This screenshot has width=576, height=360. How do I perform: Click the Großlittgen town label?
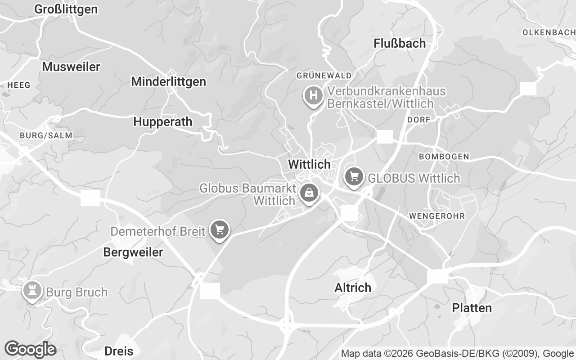click(x=66, y=9)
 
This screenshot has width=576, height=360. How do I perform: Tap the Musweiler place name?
click(x=71, y=67)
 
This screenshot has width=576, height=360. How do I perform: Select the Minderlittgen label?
click(x=168, y=81)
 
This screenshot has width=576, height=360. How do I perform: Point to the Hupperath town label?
click(x=162, y=121)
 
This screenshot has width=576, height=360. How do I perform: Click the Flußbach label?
click(x=400, y=43)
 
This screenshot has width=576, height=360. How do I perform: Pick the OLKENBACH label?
click(x=549, y=32)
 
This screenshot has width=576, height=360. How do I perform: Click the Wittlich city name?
click(x=309, y=164)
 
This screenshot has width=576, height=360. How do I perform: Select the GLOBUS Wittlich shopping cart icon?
click(x=354, y=176)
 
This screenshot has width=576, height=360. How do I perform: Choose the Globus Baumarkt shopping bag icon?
click(x=309, y=193)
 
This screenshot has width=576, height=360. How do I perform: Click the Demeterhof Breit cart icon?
click(x=220, y=229)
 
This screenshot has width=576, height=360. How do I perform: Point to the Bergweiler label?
click(x=133, y=252)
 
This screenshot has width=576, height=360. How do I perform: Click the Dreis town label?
click(x=118, y=351)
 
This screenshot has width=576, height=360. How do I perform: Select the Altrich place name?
click(x=353, y=288)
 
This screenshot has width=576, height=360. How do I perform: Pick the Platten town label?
click(x=472, y=308)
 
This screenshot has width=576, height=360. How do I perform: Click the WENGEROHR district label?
click(x=436, y=216)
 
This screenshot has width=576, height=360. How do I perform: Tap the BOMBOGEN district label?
click(x=444, y=157)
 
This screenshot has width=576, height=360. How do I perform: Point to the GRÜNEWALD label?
click(x=324, y=75)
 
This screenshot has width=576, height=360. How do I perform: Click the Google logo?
click(x=30, y=349)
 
